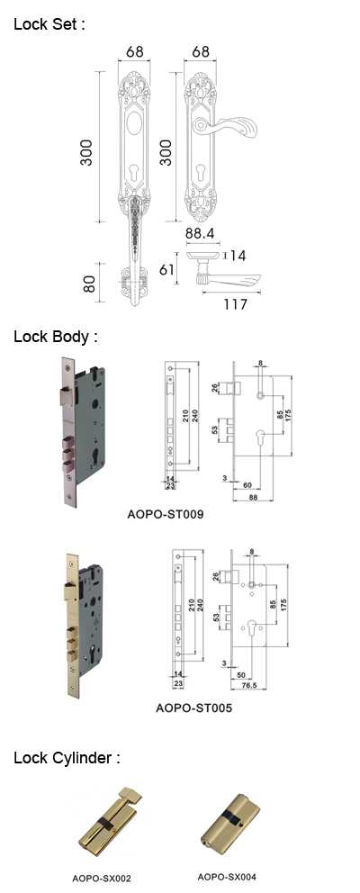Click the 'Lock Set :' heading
49,24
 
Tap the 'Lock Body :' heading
56,337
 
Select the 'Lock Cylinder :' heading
67,758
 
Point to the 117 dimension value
235,304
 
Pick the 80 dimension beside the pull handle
89,283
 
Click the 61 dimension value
166,269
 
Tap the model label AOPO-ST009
166,515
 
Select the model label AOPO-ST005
193,709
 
